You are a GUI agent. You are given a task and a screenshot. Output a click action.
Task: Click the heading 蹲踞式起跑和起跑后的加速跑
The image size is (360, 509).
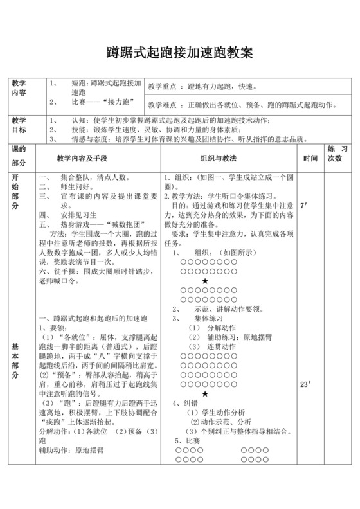94,319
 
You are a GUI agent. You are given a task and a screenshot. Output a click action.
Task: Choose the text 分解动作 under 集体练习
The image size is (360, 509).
208,328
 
